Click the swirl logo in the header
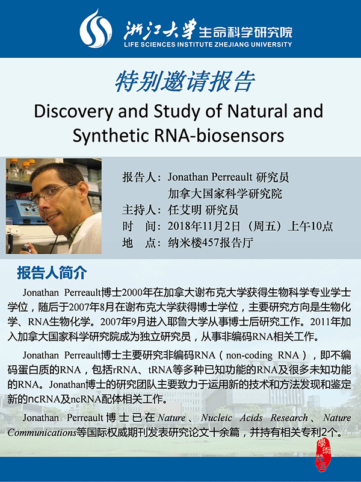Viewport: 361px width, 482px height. point(96,28)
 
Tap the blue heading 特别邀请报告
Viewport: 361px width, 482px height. point(185,82)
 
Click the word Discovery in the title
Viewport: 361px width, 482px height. point(73,111)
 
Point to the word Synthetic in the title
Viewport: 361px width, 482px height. point(111,136)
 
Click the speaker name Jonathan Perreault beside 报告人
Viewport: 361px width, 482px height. point(209,177)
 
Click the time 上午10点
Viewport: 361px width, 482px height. point(310,227)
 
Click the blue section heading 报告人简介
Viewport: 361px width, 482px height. point(52,273)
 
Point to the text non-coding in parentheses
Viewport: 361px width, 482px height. point(249,355)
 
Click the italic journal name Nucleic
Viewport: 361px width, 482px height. point(217,418)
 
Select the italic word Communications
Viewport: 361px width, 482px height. point(42,433)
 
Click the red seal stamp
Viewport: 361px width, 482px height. point(322,455)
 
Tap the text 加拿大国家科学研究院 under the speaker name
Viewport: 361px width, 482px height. point(224,193)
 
